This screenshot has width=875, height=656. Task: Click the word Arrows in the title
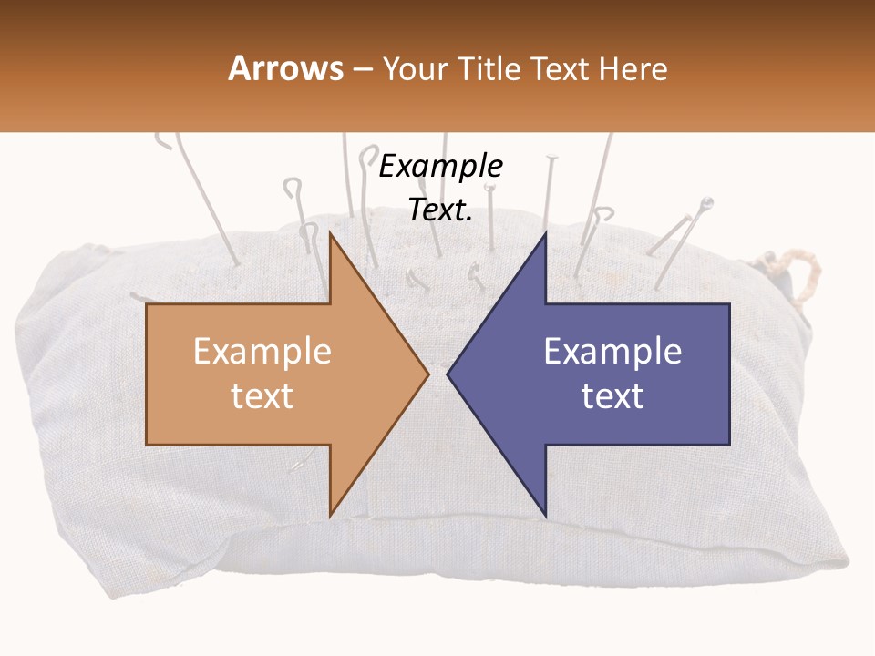tap(286, 68)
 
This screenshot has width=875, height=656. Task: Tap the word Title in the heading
tap(488, 68)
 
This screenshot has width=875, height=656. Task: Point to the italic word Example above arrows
tap(441, 167)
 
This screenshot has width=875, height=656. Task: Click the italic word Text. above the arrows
tap(441, 210)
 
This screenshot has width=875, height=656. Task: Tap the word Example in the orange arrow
tap(262, 352)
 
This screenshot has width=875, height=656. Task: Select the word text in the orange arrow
tap(262, 395)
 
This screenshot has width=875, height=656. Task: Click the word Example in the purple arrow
tap(612, 352)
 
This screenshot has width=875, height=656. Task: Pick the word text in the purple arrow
tap(612, 395)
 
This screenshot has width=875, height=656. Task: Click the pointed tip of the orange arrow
tap(427, 374)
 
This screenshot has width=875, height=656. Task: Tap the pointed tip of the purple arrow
tap(448, 374)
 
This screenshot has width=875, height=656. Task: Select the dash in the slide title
tap(363, 69)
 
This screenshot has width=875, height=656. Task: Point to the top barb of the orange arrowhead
tap(330, 234)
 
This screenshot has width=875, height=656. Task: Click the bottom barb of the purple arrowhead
tap(545, 515)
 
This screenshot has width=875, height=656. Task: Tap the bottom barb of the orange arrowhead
tap(330, 515)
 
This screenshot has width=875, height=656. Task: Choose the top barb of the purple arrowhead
tap(545, 234)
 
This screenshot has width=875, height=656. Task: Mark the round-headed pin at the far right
tap(705, 204)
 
